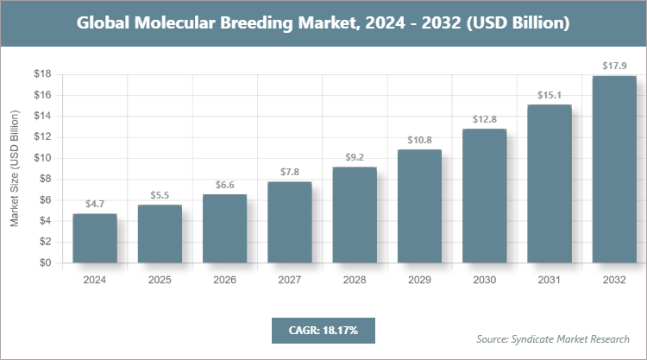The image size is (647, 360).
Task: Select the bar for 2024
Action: click(95, 238)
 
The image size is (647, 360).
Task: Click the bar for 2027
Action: click(289, 223)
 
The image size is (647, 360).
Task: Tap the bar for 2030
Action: click(484, 196)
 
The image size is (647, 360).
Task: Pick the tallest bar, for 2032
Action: click(614, 169)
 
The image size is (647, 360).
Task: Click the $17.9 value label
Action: click(614, 66)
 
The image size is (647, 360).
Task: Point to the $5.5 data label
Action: click(160, 195)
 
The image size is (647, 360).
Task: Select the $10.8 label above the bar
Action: click(419, 139)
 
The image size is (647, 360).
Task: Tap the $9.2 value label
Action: click(355, 156)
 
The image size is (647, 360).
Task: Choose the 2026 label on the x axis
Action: click(224, 280)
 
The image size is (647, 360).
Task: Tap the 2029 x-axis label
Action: click(419, 280)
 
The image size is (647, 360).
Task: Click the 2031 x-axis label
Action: click(550, 280)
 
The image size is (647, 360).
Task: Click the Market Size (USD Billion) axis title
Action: click(15, 168)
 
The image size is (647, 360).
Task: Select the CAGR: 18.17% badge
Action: click(323, 330)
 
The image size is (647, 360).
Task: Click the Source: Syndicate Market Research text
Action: click(552, 338)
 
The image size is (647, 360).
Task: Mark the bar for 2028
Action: click(355, 215)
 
